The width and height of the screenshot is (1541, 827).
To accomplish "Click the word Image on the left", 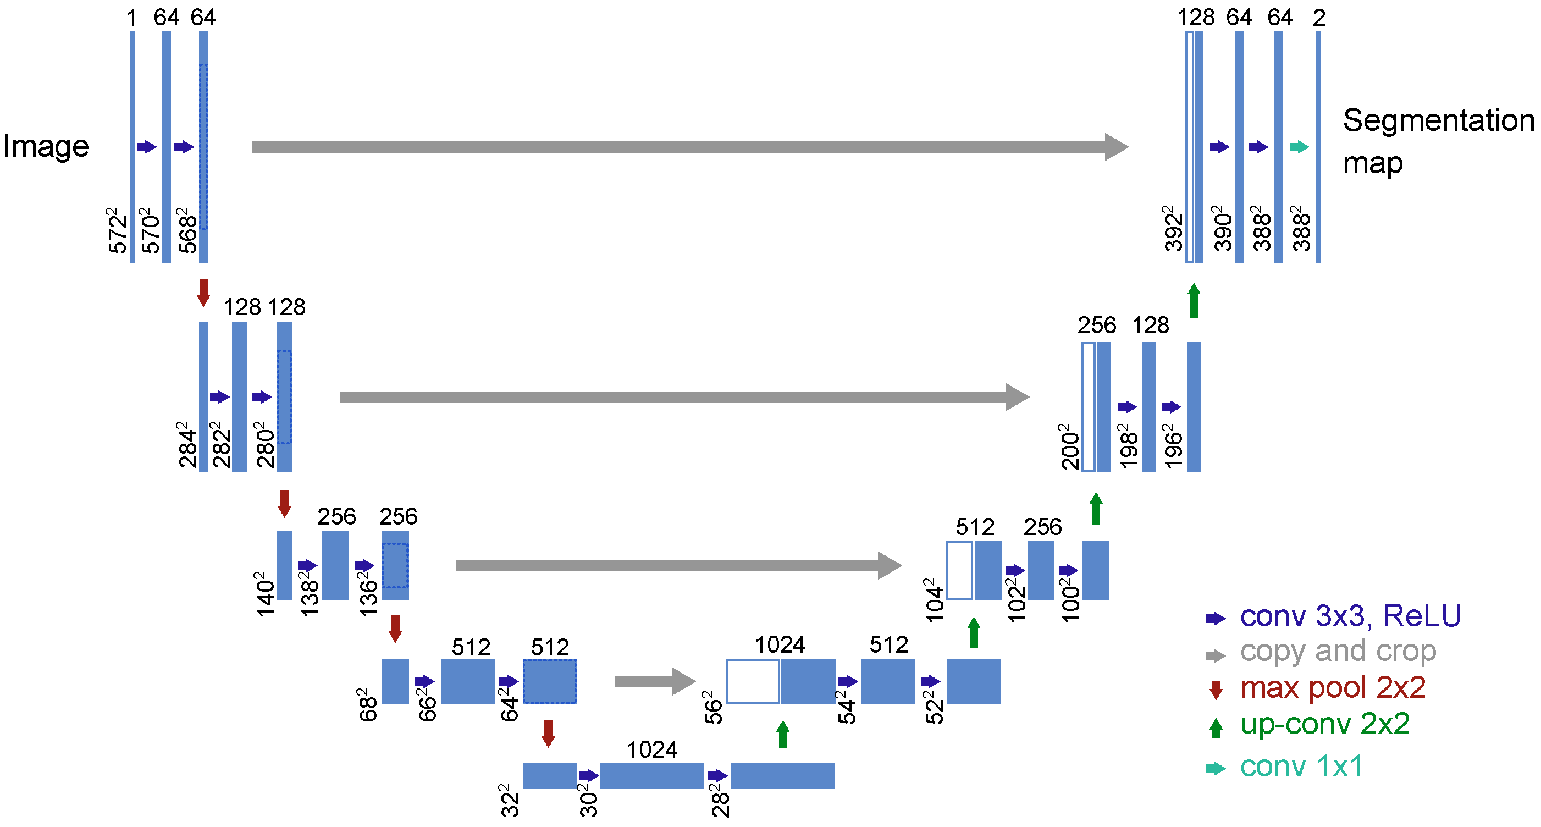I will (x=46, y=146).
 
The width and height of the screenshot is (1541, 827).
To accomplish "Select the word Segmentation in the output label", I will (x=1438, y=120).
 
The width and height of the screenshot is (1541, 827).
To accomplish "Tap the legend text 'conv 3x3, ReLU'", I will (x=1351, y=616).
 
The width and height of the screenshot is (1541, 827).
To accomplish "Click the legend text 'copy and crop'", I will (x=1338, y=651).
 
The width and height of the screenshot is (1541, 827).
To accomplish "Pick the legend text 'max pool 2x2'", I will (x=1333, y=687).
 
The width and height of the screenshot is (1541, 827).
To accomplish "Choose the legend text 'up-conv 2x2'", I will (x=1325, y=724).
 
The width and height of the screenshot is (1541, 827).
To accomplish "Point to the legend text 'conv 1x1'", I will (x=1302, y=767).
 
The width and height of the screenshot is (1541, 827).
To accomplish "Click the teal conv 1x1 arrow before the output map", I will (x=1299, y=147).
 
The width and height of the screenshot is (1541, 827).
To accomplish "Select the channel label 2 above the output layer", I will (x=1319, y=18).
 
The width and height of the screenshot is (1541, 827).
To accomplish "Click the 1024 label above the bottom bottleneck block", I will (x=651, y=749).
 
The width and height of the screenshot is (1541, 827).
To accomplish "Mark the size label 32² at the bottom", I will (x=509, y=800).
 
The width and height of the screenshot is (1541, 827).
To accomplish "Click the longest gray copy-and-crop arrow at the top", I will (x=688, y=147).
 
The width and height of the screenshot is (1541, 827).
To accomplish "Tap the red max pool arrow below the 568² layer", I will (x=203, y=292).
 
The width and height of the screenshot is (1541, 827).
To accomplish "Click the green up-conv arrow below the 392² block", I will (x=1194, y=300).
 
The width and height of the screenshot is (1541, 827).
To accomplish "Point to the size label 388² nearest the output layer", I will (x=1301, y=229).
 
